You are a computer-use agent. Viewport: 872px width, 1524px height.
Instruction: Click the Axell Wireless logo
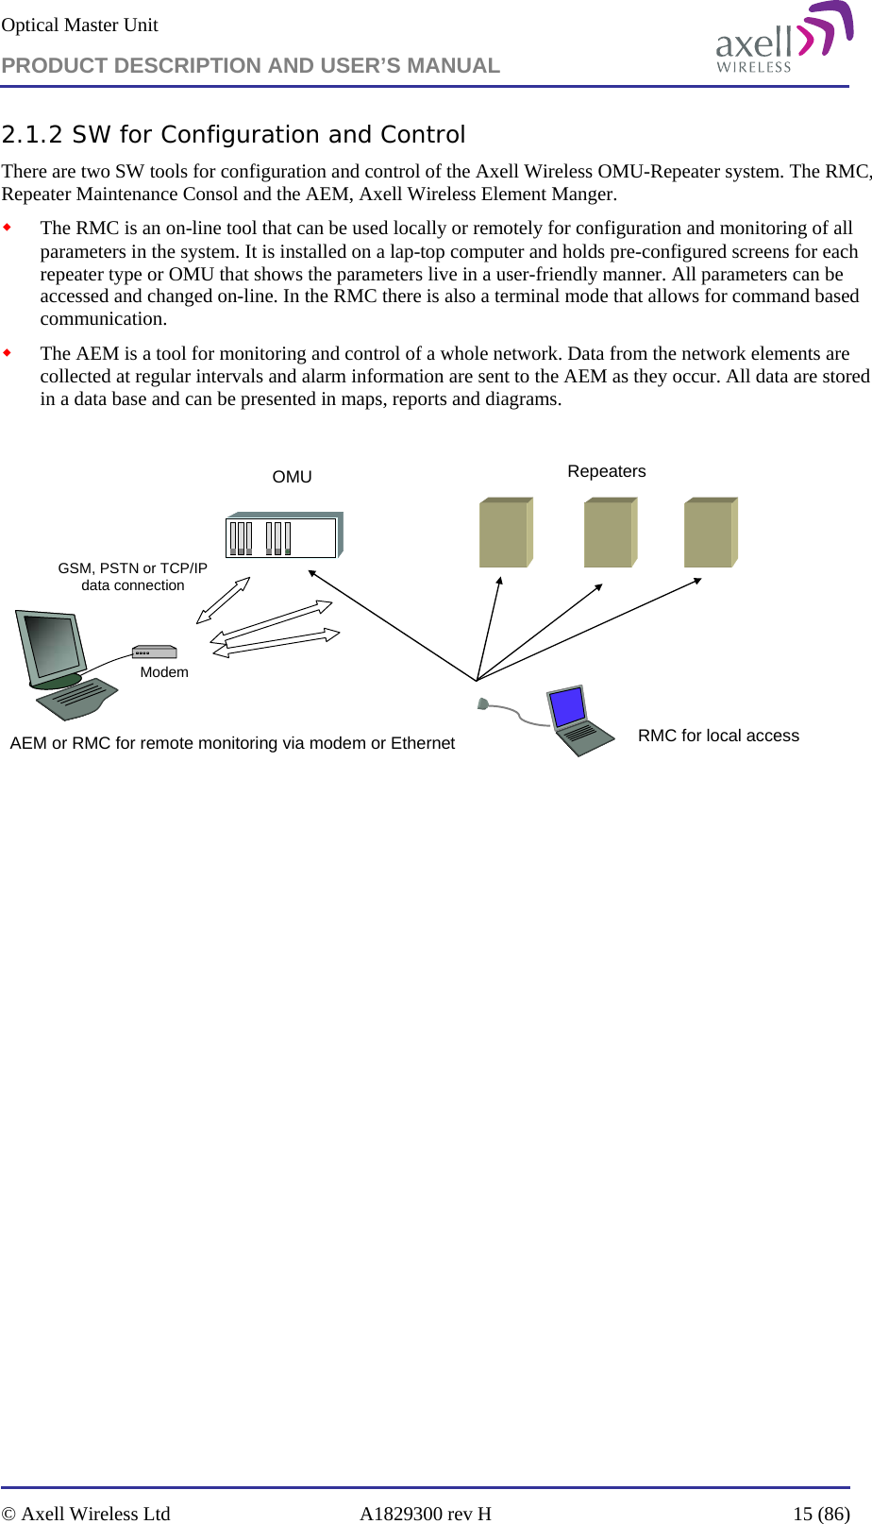click(x=783, y=38)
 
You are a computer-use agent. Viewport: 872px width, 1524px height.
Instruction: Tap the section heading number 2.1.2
click(x=33, y=135)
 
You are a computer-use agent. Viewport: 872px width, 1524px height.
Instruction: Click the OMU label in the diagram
click(x=292, y=477)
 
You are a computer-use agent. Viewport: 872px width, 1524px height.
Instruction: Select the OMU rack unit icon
click(x=284, y=536)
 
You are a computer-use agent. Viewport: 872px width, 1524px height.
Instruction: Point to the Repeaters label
click(x=606, y=471)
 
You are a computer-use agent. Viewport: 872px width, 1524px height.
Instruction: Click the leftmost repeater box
click(x=506, y=533)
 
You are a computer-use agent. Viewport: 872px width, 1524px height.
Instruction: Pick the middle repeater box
click(x=610, y=533)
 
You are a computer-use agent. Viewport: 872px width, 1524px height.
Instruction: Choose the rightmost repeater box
click(x=711, y=533)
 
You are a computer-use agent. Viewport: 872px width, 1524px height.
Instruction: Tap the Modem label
click(x=164, y=672)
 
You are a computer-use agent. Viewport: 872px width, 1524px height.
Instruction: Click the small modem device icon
click(x=155, y=652)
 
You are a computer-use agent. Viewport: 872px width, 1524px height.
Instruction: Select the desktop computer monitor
click(x=53, y=649)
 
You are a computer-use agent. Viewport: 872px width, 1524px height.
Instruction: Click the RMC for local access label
click(x=718, y=736)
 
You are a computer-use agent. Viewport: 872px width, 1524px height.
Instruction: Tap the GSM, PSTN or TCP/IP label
click(x=132, y=568)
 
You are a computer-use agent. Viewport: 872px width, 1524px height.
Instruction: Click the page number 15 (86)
click(x=821, y=1514)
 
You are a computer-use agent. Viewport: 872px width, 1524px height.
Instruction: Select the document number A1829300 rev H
click(x=425, y=1514)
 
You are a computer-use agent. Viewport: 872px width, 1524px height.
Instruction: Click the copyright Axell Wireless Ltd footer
click(x=86, y=1514)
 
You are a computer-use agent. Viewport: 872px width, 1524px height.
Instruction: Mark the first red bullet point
click(x=8, y=228)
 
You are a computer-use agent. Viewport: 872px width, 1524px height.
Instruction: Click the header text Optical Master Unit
click(x=79, y=25)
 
